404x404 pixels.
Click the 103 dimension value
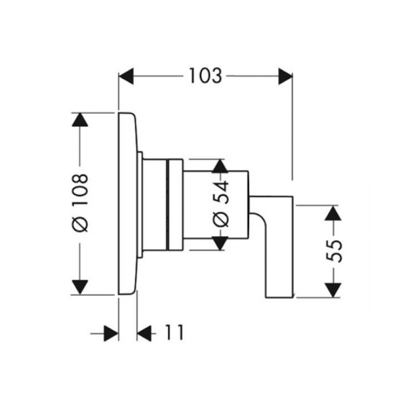[206, 75]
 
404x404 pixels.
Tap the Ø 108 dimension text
[80, 203]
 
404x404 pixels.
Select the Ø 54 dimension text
[221, 203]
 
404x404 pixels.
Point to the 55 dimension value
[334, 251]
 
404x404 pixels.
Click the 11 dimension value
[174, 332]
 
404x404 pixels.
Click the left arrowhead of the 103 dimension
[127, 76]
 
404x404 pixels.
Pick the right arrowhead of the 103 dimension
[285, 76]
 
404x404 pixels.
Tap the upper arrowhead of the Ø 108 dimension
[80, 119]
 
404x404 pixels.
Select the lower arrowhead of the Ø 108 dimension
[80, 287]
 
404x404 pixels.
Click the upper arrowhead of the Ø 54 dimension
[220, 166]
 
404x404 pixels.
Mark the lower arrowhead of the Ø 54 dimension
[220, 243]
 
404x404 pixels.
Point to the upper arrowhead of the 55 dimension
[333, 213]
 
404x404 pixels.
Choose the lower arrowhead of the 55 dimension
[333, 290]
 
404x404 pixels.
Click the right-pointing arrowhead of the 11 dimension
[111, 334]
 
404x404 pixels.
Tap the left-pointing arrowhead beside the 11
[144, 334]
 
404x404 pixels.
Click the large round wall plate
[127, 203]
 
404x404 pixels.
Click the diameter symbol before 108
[80, 224]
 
